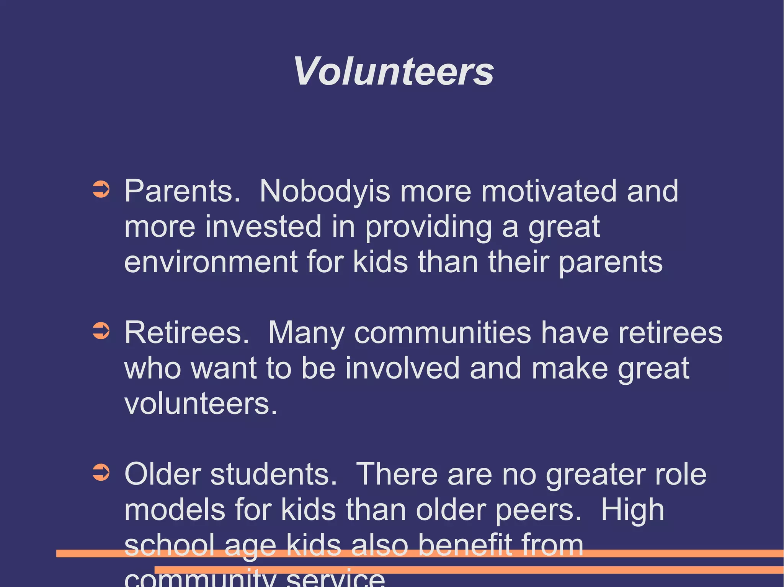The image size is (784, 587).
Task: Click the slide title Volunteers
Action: pos(393,72)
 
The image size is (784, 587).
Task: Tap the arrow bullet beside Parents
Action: pos(101,190)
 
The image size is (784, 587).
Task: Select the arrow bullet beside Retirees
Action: pos(101,331)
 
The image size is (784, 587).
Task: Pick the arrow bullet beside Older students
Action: pos(101,473)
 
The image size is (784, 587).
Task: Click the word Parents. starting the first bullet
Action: pos(182,191)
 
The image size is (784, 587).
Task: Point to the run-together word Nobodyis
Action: pos(325,191)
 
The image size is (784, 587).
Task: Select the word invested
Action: pos(263,226)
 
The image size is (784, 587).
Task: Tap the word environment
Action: pos(211,262)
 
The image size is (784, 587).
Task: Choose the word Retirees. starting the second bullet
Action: pos(187,332)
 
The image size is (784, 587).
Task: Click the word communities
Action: pos(443,332)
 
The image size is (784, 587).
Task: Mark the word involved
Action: pos(402,368)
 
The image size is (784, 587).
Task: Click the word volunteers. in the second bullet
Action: pos(201,403)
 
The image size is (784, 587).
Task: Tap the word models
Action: pos(175,510)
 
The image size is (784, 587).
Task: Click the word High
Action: pos(632,510)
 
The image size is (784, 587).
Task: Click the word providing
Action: pos(428,226)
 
